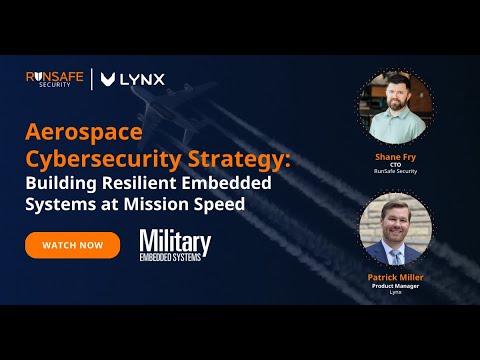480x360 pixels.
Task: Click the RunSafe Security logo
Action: (x=55, y=79)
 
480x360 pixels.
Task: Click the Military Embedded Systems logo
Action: (x=175, y=245)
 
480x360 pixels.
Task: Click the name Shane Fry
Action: (x=396, y=157)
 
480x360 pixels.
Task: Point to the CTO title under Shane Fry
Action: (x=396, y=166)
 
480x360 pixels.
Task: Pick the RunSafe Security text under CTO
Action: (x=396, y=174)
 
